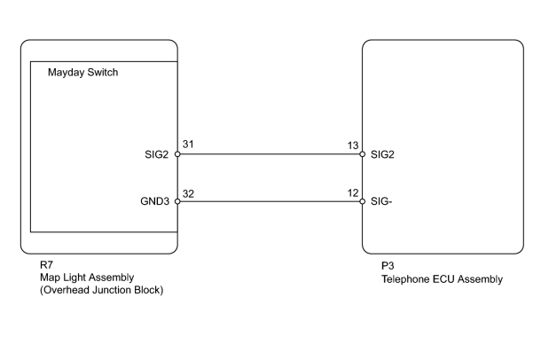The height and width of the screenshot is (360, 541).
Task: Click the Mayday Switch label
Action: [82, 73]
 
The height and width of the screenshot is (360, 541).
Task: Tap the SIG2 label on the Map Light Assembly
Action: [157, 154]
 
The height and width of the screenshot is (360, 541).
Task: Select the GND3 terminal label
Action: [155, 201]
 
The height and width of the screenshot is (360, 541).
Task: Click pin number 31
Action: [188, 145]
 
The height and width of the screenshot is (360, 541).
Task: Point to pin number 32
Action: [188, 194]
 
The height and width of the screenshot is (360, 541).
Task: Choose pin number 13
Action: [353, 145]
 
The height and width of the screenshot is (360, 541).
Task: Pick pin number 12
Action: [353, 193]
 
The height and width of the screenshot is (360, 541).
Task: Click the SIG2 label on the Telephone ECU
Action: [382, 154]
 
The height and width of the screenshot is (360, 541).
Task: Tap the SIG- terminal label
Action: [381, 201]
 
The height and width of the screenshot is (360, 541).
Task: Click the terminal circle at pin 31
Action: [177, 154]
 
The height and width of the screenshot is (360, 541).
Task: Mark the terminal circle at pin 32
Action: [177, 201]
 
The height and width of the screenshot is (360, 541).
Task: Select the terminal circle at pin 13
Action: [362, 154]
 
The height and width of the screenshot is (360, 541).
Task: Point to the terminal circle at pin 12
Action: [362, 201]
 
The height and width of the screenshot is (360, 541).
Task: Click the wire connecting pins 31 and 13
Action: [270, 154]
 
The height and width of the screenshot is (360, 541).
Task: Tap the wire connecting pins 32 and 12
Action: [270, 201]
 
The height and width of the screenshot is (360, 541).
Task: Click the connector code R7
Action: [47, 265]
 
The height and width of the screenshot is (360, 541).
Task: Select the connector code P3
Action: [388, 266]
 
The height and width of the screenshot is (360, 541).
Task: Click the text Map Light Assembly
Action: [87, 278]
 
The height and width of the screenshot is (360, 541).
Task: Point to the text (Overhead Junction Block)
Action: [101, 290]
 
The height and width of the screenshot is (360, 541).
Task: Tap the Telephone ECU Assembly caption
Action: [442, 279]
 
